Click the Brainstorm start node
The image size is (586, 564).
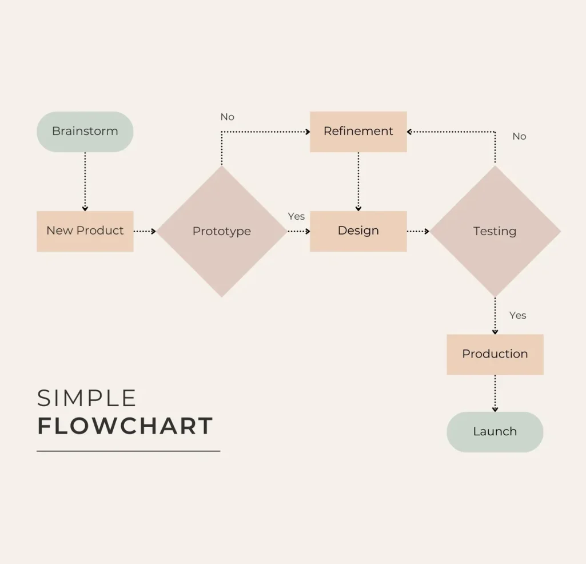[x=85, y=132]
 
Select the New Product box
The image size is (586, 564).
[x=85, y=231]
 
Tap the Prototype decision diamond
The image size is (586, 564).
[x=222, y=232]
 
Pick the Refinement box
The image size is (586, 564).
[x=358, y=132]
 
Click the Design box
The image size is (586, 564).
[x=358, y=231]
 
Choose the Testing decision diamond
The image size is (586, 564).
[x=495, y=232]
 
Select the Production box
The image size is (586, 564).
[x=495, y=354]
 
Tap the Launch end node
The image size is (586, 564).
[x=495, y=432]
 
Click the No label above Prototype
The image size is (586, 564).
[x=228, y=117]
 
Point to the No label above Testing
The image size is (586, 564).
[x=519, y=136]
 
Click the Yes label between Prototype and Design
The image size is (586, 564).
[x=296, y=216]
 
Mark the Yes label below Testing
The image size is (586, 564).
[x=517, y=315]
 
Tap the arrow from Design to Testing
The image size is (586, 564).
[x=418, y=232]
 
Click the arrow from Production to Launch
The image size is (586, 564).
[x=495, y=394]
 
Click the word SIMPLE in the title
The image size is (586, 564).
[x=87, y=398]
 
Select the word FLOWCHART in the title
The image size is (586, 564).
[x=125, y=426]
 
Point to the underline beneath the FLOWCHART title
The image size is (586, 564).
[x=128, y=451]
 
